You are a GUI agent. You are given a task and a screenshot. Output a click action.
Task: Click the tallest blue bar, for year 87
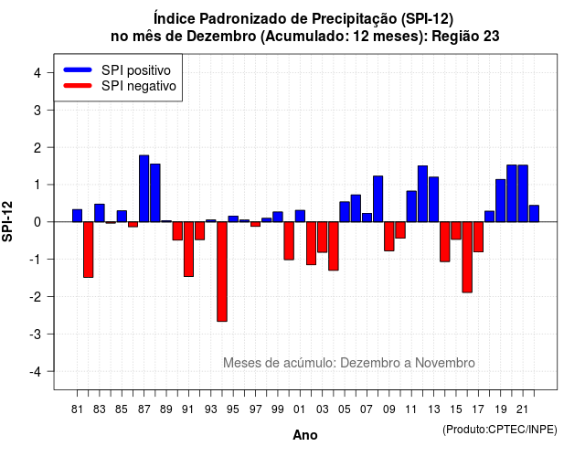(x=144, y=188)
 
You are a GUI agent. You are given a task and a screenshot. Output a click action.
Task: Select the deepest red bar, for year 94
(x=222, y=271)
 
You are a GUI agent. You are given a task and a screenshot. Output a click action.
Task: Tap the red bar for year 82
(x=89, y=250)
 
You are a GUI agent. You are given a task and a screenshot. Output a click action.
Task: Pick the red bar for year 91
(x=189, y=250)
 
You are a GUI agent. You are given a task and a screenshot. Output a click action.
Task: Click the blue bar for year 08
(x=378, y=199)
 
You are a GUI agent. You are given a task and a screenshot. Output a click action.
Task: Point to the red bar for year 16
(x=467, y=257)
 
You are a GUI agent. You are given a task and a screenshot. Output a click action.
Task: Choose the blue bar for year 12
(x=422, y=194)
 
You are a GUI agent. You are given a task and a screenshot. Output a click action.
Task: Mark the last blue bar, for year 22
(x=534, y=213)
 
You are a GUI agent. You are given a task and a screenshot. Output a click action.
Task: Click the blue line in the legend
(x=78, y=69)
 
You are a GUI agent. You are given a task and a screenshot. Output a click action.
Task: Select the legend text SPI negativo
(x=139, y=86)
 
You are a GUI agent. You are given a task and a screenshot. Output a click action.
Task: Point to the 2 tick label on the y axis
(x=37, y=148)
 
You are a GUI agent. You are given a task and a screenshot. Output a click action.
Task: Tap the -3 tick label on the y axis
(x=35, y=335)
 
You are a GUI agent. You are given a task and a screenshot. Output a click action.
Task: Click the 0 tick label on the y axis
(x=37, y=222)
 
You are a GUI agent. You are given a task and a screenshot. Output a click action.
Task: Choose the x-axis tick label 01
(x=300, y=409)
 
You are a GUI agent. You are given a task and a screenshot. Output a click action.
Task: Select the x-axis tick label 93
(x=211, y=409)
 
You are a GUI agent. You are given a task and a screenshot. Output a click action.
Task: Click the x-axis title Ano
(x=305, y=435)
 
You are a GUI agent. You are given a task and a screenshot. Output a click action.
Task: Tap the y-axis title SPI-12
(x=7, y=221)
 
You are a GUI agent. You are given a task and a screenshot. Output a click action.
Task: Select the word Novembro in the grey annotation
(x=445, y=363)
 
